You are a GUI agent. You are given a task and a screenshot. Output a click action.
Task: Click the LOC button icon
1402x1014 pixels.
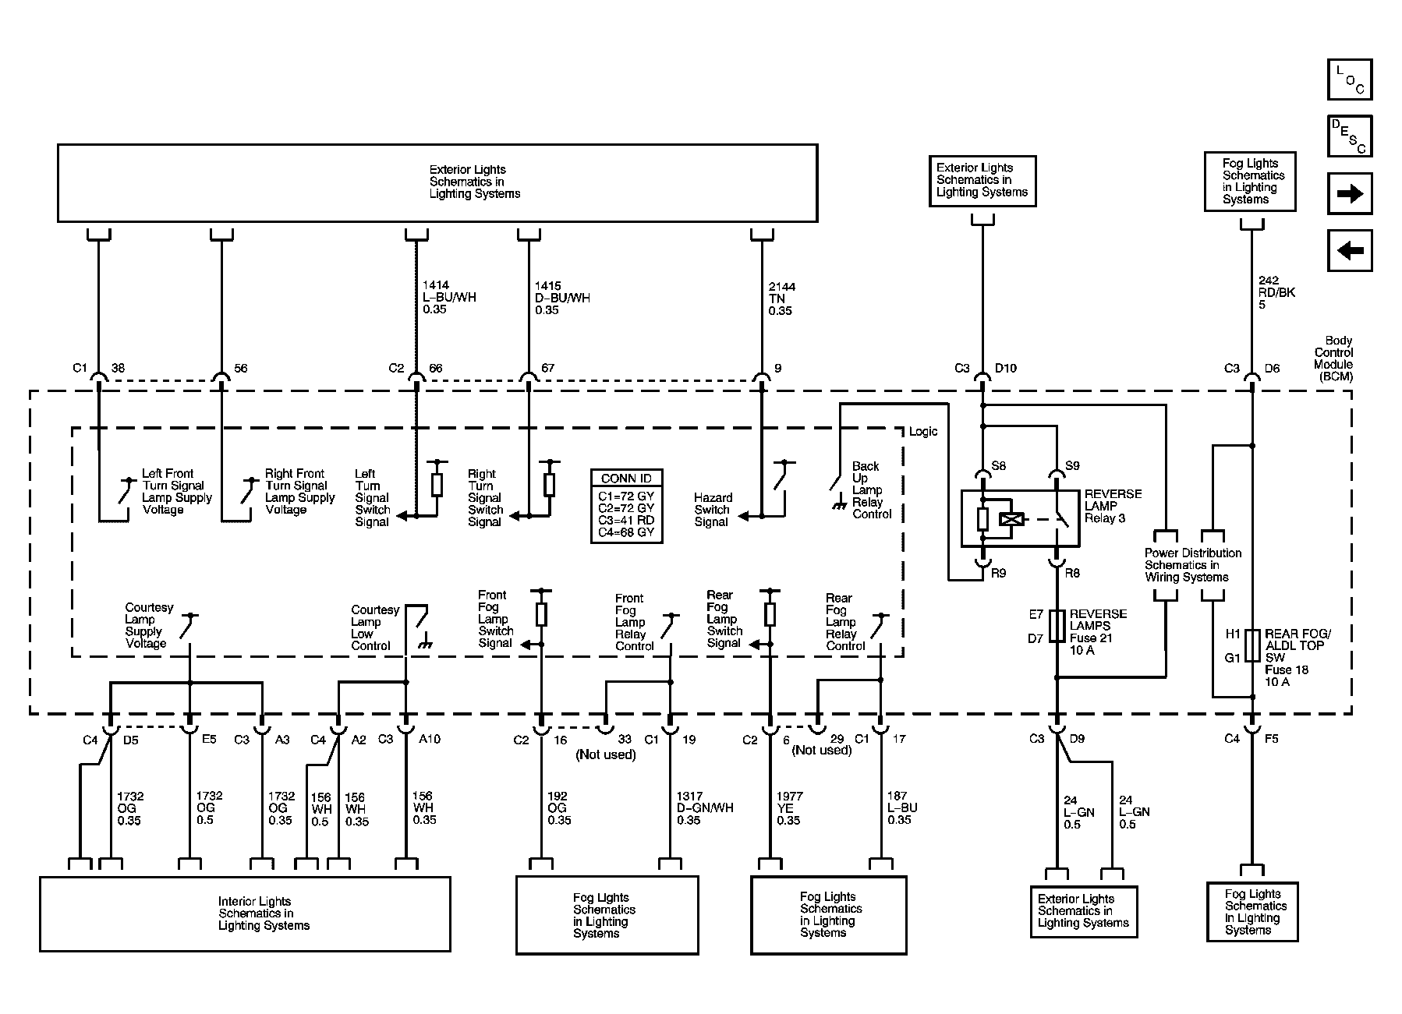(x=1350, y=79)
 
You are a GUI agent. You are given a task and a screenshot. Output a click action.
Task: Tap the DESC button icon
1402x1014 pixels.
(x=1350, y=136)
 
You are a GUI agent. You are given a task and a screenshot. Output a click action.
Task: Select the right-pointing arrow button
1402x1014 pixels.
(x=1350, y=193)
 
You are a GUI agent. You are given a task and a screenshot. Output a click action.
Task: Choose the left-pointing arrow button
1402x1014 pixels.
(x=1350, y=251)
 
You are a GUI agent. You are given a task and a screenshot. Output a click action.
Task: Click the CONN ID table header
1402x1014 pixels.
(x=627, y=479)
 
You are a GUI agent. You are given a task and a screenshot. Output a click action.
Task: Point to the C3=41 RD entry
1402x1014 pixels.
(x=627, y=520)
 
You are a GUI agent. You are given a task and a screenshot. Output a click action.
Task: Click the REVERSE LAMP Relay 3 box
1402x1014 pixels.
(x=1020, y=518)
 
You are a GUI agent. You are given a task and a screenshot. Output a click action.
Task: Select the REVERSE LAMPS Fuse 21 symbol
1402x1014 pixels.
(x=1057, y=626)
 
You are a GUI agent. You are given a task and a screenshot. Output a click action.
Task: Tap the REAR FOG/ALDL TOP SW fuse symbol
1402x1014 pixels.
(x=1252, y=645)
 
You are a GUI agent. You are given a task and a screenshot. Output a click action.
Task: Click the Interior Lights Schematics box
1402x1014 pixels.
(x=245, y=914)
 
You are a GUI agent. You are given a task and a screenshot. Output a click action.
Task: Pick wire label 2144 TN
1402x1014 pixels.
(x=781, y=299)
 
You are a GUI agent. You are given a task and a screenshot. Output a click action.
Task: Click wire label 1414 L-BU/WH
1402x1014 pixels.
(x=449, y=298)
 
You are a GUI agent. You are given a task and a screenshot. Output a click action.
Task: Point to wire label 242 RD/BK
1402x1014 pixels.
(x=1276, y=292)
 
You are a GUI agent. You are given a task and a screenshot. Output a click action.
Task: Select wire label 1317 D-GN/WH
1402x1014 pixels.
(x=705, y=808)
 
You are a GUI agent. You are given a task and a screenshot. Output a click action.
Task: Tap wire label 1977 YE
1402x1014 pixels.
(x=789, y=808)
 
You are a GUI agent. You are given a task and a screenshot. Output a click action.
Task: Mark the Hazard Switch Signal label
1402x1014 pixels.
(x=713, y=510)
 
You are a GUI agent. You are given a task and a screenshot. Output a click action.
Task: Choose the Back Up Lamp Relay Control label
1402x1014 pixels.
(x=872, y=490)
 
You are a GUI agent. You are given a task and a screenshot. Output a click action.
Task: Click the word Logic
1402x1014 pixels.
(x=923, y=432)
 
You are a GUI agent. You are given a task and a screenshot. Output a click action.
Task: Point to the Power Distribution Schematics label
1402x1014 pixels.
(x=1192, y=565)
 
